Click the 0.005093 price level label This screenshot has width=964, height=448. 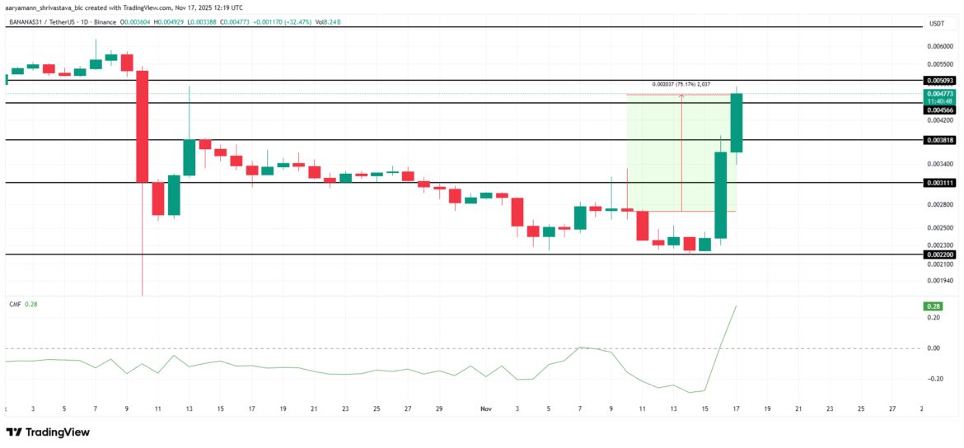pyautogui.click(x=939, y=81)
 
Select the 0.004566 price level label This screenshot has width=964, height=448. pyautogui.click(x=939, y=110)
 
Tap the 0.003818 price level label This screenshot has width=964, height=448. pyautogui.click(x=939, y=140)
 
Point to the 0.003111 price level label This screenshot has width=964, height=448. pyautogui.click(x=939, y=183)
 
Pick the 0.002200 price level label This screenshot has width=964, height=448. pyautogui.click(x=939, y=255)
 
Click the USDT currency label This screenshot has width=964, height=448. pyautogui.click(x=936, y=24)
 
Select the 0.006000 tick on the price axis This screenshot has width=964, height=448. pyautogui.click(x=940, y=47)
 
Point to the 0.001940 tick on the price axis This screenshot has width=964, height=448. pyautogui.click(x=940, y=281)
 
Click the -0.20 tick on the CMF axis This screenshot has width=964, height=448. pyautogui.click(x=934, y=379)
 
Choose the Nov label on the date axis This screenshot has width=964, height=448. pyautogui.click(x=486, y=408)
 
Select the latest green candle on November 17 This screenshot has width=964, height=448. pyautogui.click(x=737, y=123)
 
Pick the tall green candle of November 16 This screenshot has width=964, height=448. pyautogui.click(x=721, y=195)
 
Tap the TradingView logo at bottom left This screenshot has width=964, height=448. pyautogui.click(x=48, y=432)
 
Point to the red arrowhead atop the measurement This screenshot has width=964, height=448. pyautogui.click(x=681, y=96)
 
